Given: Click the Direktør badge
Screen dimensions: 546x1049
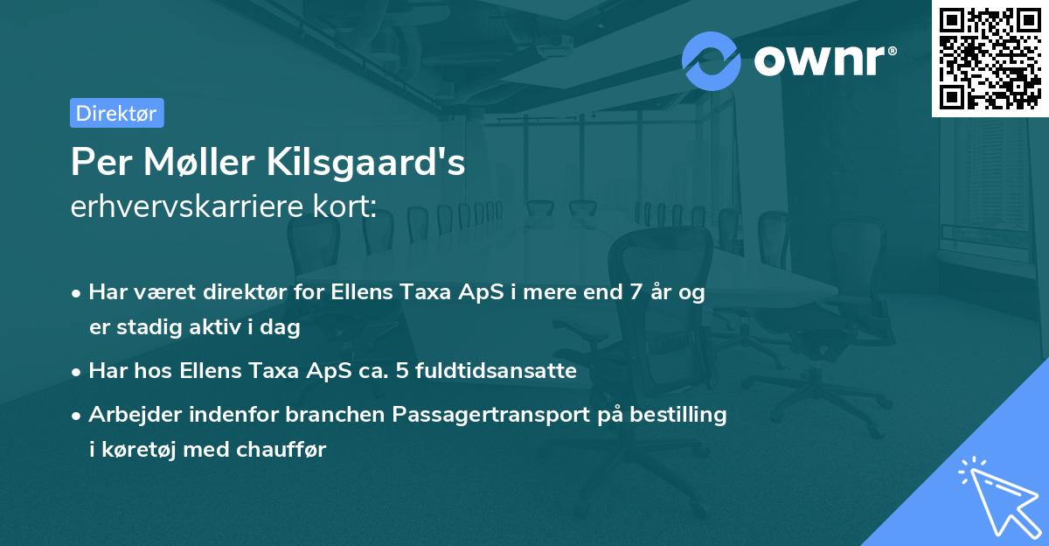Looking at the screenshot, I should click(116, 113).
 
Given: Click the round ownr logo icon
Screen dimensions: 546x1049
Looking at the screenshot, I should click(712, 60).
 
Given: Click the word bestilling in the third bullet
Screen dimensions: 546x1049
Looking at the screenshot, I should click(679, 414).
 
